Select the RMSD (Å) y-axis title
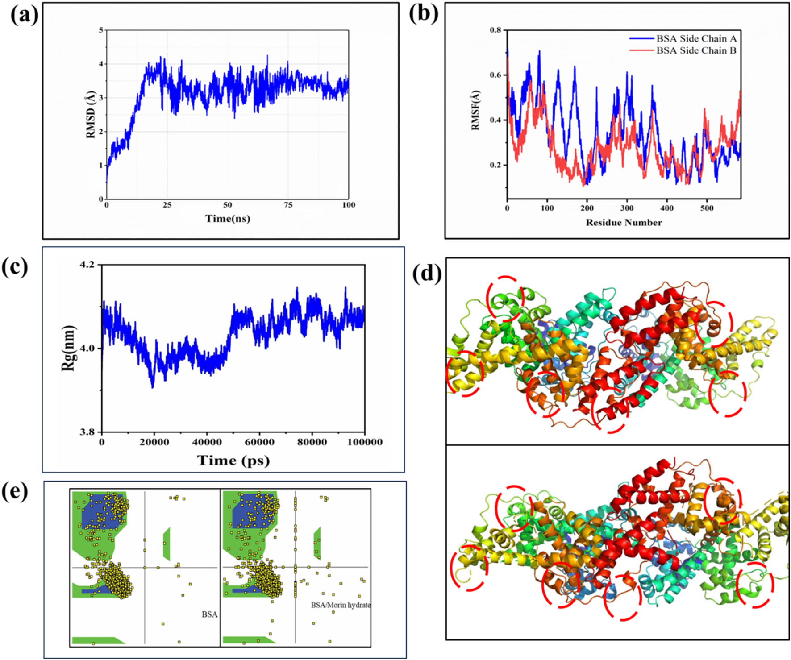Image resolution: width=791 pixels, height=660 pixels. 91,115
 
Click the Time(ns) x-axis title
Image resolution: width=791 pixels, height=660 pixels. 228,218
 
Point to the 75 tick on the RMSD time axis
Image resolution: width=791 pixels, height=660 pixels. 288,205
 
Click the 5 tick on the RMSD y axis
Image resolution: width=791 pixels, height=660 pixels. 101,30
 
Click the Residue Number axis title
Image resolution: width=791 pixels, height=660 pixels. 624,222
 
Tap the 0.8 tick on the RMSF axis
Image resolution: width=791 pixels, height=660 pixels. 495,30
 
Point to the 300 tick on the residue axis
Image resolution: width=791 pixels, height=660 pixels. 627,208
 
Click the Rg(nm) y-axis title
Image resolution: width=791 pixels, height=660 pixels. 68,349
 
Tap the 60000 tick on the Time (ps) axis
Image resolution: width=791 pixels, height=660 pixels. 260,442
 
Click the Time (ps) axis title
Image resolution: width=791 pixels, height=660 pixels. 233,460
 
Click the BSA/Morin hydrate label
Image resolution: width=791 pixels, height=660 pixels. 341,605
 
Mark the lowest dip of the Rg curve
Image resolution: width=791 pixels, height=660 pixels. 153,387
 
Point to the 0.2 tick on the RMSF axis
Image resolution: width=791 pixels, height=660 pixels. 495,165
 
